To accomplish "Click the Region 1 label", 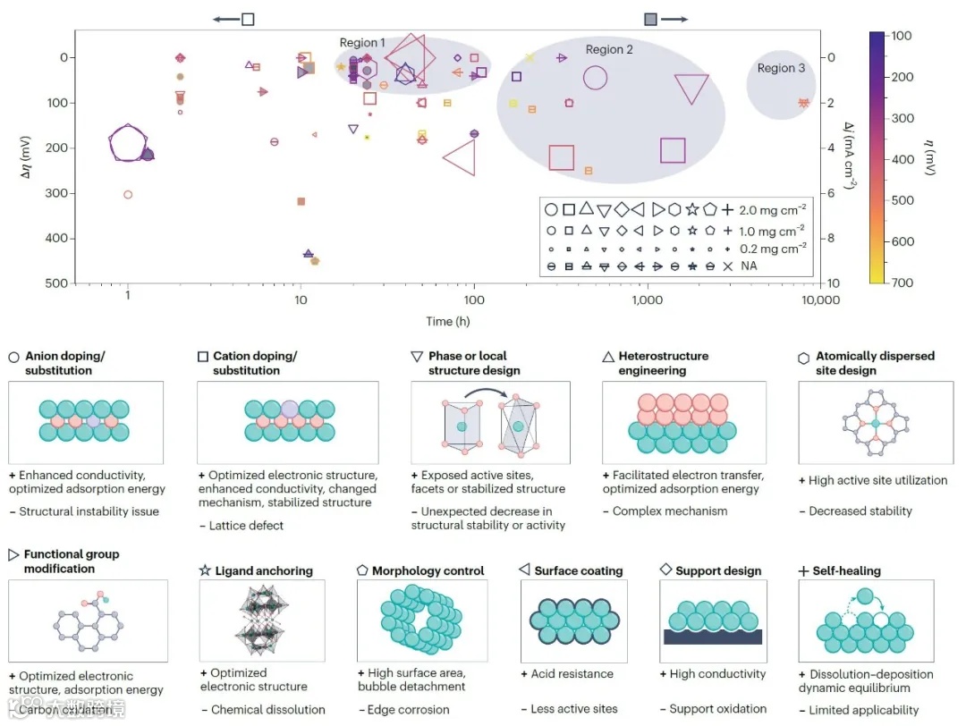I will [x=362, y=43].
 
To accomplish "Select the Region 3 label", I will [x=781, y=68].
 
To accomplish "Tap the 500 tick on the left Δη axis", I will [x=56, y=283].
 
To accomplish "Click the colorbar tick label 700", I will [x=902, y=283].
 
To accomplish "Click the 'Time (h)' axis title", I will [x=448, y=320].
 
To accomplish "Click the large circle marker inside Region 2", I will [x=595, y=78].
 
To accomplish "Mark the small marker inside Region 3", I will [x=803, y=103].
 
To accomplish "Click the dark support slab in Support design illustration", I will [x=713, y=636].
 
